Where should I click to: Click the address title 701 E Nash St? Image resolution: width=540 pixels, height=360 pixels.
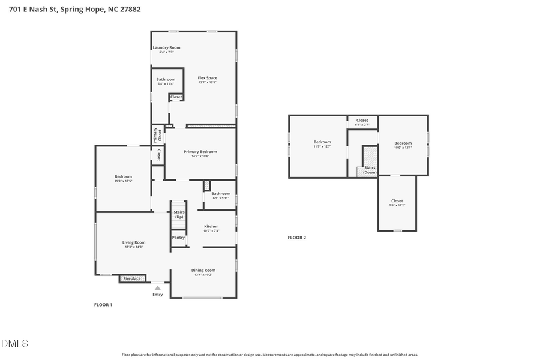click(x=75, y=10)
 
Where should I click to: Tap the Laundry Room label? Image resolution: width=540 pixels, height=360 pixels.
click(x=166, y=48)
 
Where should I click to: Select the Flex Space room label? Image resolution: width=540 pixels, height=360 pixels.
click(x=208, y=78)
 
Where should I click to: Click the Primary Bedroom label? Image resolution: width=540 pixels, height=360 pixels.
click(x=200, y=152)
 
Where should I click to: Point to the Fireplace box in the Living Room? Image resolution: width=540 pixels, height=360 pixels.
click(x=132, y=278)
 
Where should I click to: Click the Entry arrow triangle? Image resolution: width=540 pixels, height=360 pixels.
click(x=158, y=288)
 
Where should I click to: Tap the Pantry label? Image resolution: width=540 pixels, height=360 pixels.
click(x=179, y=238)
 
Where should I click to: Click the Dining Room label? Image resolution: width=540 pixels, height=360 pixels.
click(x=203, y=271)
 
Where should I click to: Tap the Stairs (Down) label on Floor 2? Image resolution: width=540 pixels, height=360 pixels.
click(x=370, y=170)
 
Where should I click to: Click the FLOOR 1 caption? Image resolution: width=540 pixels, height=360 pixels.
click(x=103, y=305)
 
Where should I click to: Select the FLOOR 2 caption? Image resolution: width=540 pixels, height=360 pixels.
click(x=296, y=238)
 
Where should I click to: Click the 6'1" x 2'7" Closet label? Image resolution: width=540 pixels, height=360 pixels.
click(x=362, y=121)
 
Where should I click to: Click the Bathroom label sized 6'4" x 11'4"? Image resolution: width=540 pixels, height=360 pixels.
click(x=166, y=80)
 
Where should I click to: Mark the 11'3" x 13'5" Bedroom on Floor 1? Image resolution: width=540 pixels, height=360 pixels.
click(x=123, y=176)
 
